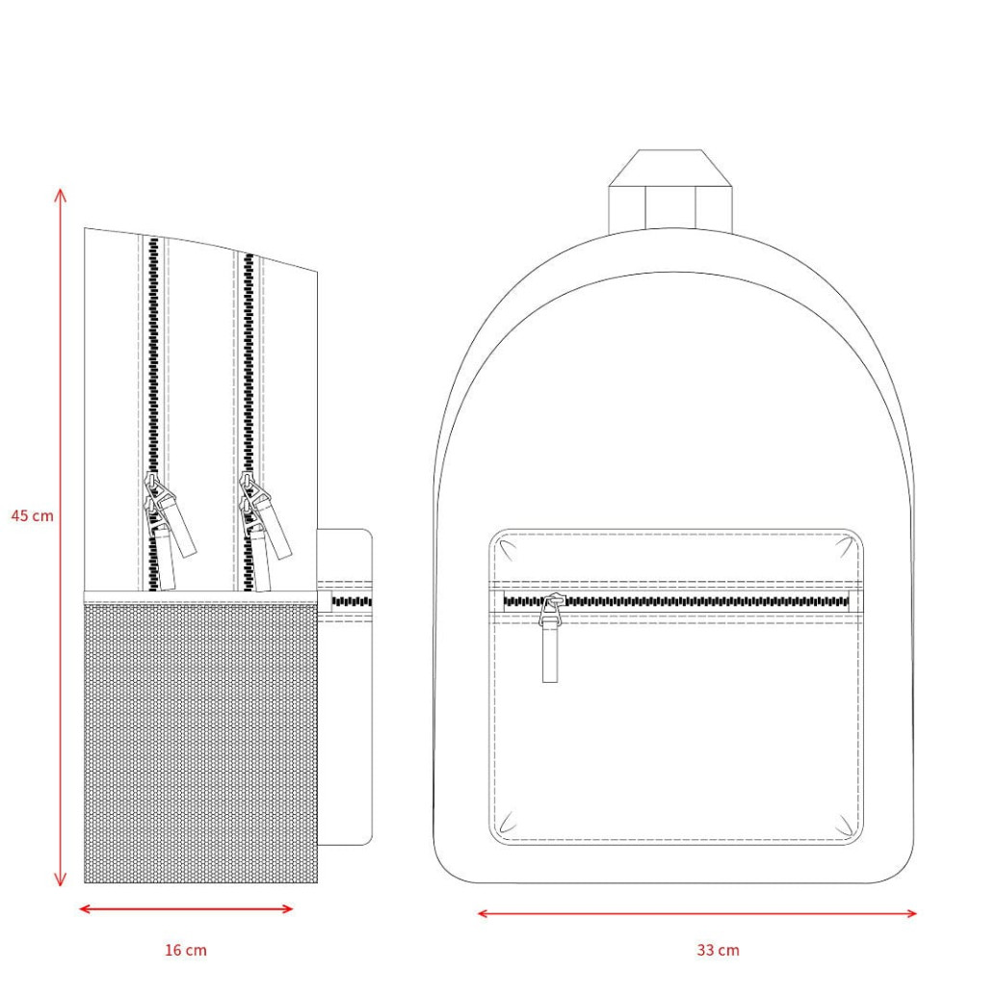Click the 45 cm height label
coord(33,515)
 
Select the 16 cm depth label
coord(186,950)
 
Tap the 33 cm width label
coord(718,950)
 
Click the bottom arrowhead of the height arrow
coord(61,880)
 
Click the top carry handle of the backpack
coord(671,190)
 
